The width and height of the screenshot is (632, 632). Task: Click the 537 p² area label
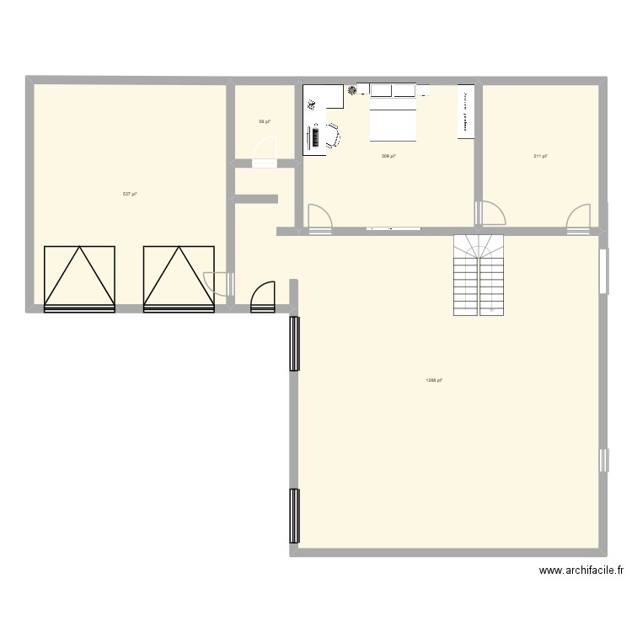129,194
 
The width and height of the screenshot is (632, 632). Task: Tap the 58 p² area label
264,122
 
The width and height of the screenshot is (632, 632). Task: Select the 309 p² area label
388,156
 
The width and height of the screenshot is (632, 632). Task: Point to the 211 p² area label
540,156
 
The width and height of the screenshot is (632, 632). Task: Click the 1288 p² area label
434,380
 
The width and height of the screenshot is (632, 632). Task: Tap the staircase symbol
479,274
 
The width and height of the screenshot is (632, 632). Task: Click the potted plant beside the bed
351,89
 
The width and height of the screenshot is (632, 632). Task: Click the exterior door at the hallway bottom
263,295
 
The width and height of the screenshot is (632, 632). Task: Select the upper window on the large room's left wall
294,343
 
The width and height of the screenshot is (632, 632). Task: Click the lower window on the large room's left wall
294,516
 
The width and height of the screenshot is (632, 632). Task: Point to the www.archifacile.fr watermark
582,571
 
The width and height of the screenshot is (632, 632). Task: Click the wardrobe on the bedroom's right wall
464,110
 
